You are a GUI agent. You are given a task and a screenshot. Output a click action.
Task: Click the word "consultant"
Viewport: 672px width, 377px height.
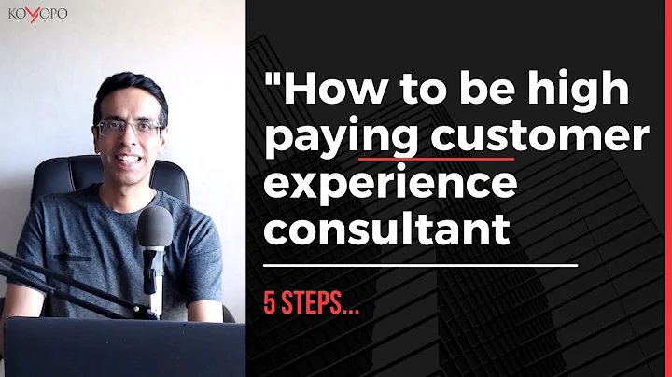[388, 228]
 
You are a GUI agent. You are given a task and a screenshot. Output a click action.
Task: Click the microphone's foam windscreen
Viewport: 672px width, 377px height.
[155, 229]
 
